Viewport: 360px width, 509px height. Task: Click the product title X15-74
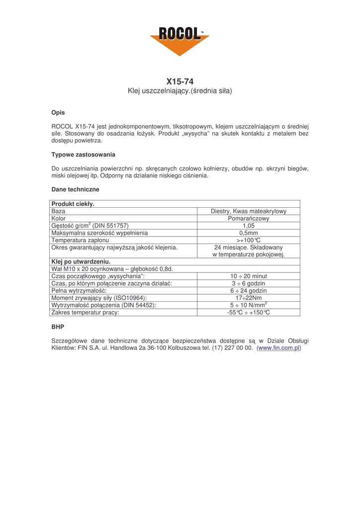click(x=180, y=81)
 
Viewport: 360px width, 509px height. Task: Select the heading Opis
click(x=58, y=113)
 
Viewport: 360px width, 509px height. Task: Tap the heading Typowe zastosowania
click(x=83, y=155)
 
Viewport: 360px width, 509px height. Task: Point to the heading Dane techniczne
click(x=75, y=189)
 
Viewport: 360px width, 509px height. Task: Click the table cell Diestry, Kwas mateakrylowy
click(x=249, y=211)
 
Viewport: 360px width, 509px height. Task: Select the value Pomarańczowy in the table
click(x=249, y=218)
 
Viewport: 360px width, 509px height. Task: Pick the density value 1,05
click(x=249, y=226)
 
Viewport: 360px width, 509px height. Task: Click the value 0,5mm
click(x=249, y=233)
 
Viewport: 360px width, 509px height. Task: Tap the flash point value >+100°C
click(x=249, y=240)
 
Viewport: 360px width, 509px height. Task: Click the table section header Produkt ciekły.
click(x=73, y=204)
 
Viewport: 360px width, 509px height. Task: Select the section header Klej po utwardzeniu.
click(x=81, y=261)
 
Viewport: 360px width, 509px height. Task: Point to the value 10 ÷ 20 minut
click(x=249, y=276)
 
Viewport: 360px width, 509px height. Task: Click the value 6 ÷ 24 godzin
click(x=249, y=291)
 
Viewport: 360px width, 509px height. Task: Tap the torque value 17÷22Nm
click(x=249, y=298)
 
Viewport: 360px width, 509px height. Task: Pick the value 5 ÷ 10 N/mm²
click(x=249, y=305)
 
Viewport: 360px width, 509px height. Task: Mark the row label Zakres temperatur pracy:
click(x=85, y=313)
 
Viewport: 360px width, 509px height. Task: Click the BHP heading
click(x=58, y=328)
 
